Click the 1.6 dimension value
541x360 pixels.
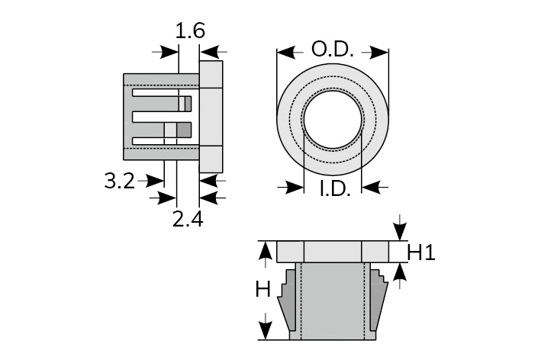[190, 32]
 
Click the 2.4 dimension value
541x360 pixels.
[188, 220]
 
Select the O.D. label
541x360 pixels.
[332, 50]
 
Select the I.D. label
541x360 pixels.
[333, 188]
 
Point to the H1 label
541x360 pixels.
[420, 252]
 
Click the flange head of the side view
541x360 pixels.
[211, 117]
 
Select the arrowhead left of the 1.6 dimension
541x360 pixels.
[170, 52]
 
